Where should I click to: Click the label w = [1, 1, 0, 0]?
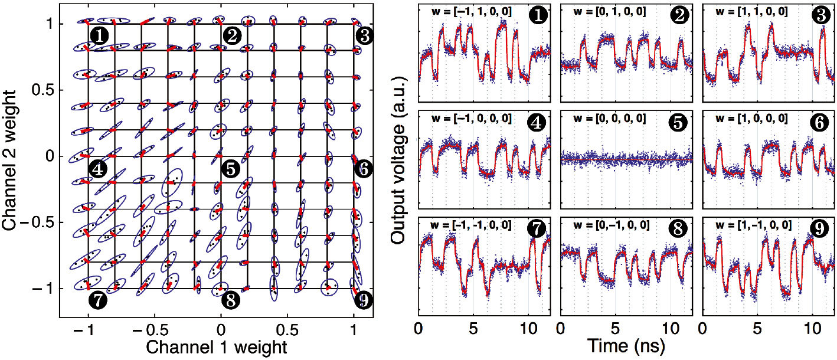(x=752, y=12)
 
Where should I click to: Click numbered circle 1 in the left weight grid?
(x=99, y=35)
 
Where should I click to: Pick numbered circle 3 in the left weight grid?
(x=364, y=36)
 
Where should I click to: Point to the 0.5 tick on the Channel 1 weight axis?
(x=287, y=328)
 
